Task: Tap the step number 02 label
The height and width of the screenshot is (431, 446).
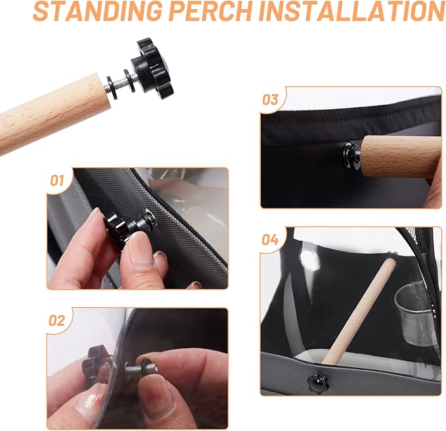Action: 57,320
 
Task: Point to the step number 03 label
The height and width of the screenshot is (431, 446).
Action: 271,100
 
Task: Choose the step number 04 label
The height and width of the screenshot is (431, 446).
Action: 271,240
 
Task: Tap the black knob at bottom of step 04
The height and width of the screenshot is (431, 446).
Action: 319,380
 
